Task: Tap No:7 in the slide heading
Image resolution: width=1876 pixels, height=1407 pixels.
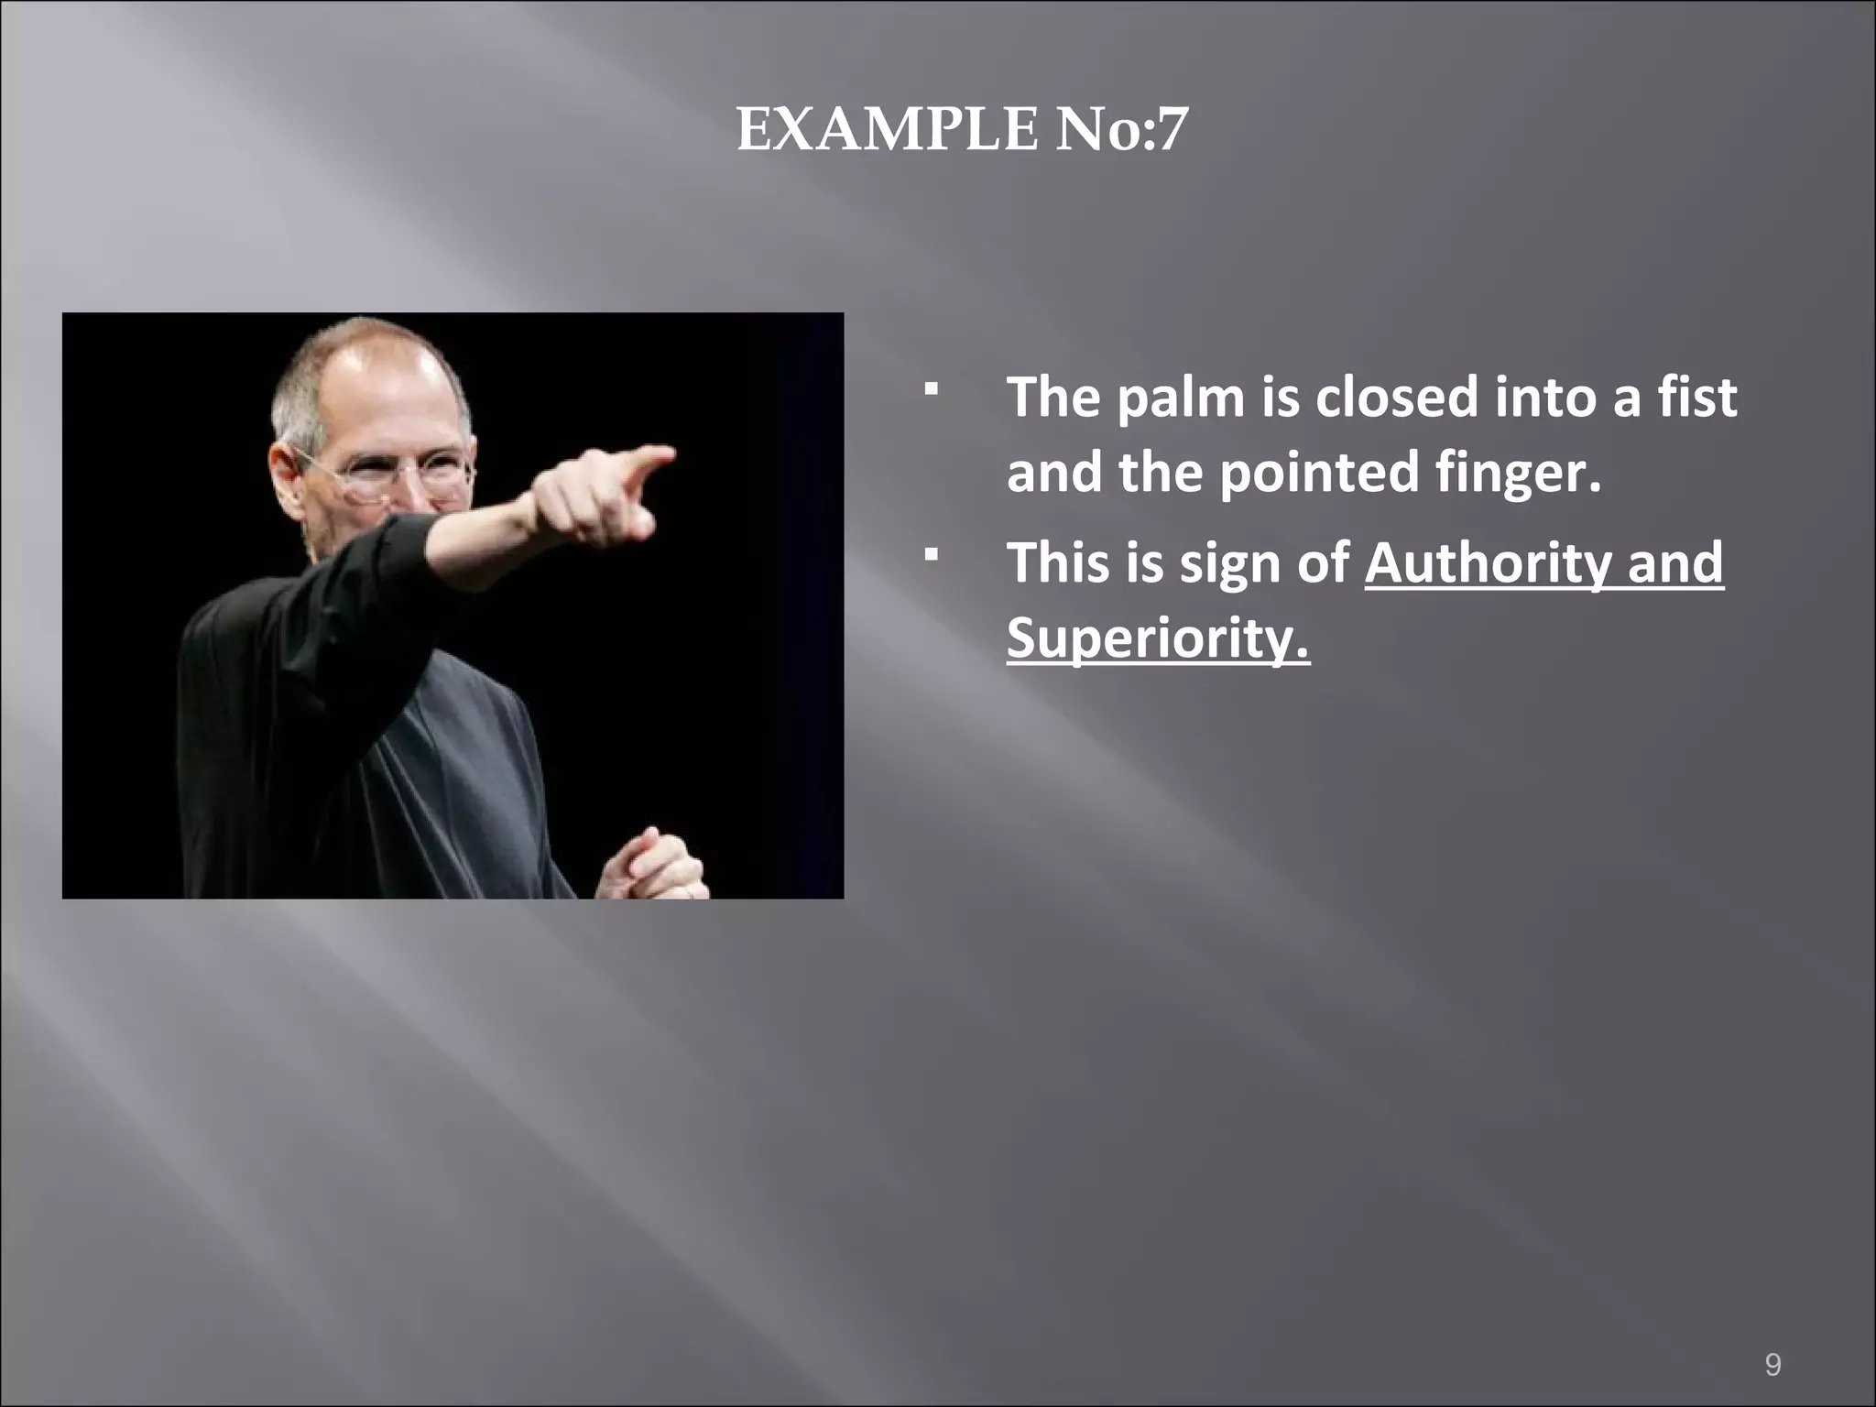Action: click(x=1121, y=130)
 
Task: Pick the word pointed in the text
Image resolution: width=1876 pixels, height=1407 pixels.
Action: click(x=1320, y=472)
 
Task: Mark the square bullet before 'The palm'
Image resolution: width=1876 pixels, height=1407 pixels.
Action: click(x=932, y=390)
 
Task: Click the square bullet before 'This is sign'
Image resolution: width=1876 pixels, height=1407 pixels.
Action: click(x=932, y=554)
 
